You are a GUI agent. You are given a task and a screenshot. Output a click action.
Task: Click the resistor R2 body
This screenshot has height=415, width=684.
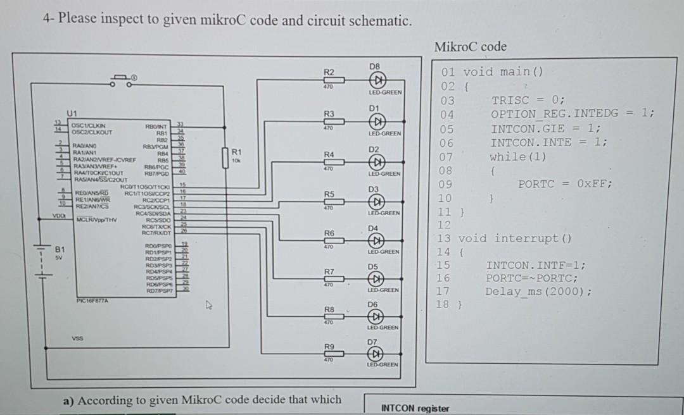330,81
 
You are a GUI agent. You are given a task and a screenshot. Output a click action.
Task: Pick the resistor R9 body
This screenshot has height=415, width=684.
330,354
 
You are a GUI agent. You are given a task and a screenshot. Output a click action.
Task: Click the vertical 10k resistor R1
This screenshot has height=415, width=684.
225,158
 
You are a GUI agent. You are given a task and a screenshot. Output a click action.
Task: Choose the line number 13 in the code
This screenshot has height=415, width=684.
443,238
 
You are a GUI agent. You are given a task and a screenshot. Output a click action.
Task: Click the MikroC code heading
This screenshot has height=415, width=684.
471,47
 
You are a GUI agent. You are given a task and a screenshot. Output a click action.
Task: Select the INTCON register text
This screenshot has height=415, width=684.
415,408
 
